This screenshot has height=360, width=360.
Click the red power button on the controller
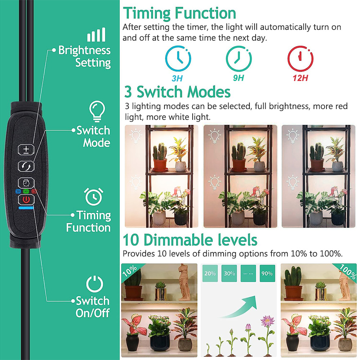click(x=26, y=199)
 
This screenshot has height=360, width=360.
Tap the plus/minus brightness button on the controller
click(x=26, y=149)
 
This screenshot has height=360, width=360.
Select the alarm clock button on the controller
click(x=26, y=183)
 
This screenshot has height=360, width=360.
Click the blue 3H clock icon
click(x=178, y=59)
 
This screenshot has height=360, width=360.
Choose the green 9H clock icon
click(x=239, y=59)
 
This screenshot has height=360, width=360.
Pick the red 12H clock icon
click(x=300, y=59)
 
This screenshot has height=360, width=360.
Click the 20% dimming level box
click(x=210, y=274)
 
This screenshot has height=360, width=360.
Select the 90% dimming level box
click(x=267, y=274)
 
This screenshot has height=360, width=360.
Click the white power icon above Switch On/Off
click(x=94, y=284)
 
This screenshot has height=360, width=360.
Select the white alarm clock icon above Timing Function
click(x=93, y=197)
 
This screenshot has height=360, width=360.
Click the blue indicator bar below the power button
click(x=26, y=208)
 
